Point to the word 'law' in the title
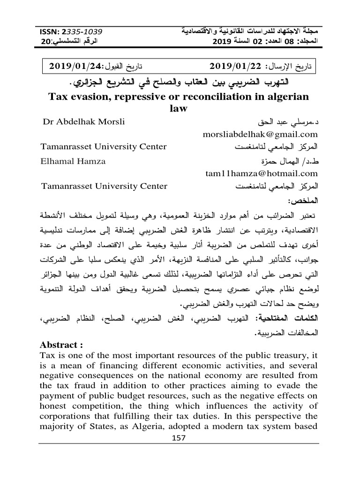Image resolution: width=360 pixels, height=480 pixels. [180, 109]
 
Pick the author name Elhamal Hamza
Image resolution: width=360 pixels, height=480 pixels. [74, 161]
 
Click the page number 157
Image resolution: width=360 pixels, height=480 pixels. [180, 438]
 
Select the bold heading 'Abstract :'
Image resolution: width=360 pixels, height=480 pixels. [62, 345]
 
